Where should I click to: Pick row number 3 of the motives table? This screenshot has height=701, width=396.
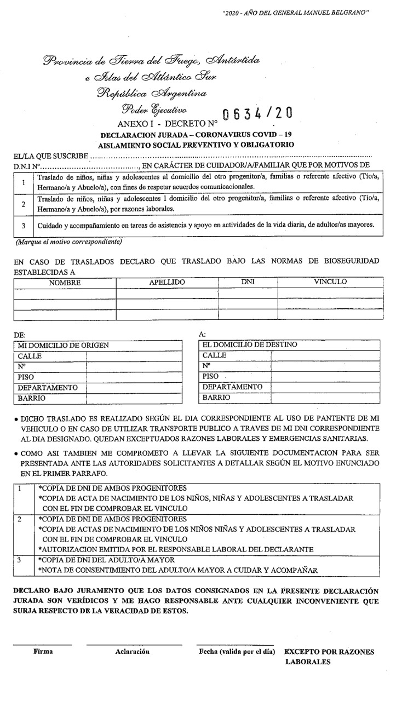tap(24, 225)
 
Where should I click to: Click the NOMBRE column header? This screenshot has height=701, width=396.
tap(65, 283)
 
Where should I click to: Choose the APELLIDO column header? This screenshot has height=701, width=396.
tap(167, 283)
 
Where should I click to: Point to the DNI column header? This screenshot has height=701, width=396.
tap(248, 283)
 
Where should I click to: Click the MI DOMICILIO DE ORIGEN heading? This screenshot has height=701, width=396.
tap(63, 346)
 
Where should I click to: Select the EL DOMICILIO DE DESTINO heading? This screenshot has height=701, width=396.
tap(250, 345)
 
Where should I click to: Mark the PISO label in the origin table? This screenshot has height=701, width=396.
tap(26, 377)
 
